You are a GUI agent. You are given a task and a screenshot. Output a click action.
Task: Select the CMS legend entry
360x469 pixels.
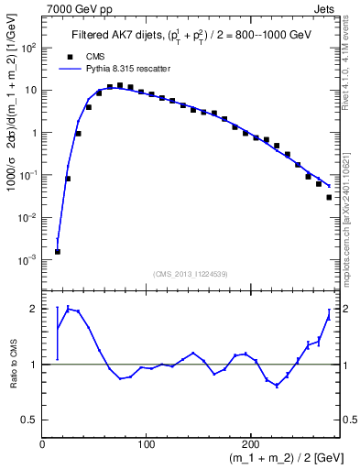click(83, 56)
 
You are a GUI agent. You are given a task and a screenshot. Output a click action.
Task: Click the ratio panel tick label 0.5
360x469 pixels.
click(30, 420)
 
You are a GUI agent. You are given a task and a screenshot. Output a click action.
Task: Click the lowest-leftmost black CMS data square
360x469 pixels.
click(57, 251)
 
